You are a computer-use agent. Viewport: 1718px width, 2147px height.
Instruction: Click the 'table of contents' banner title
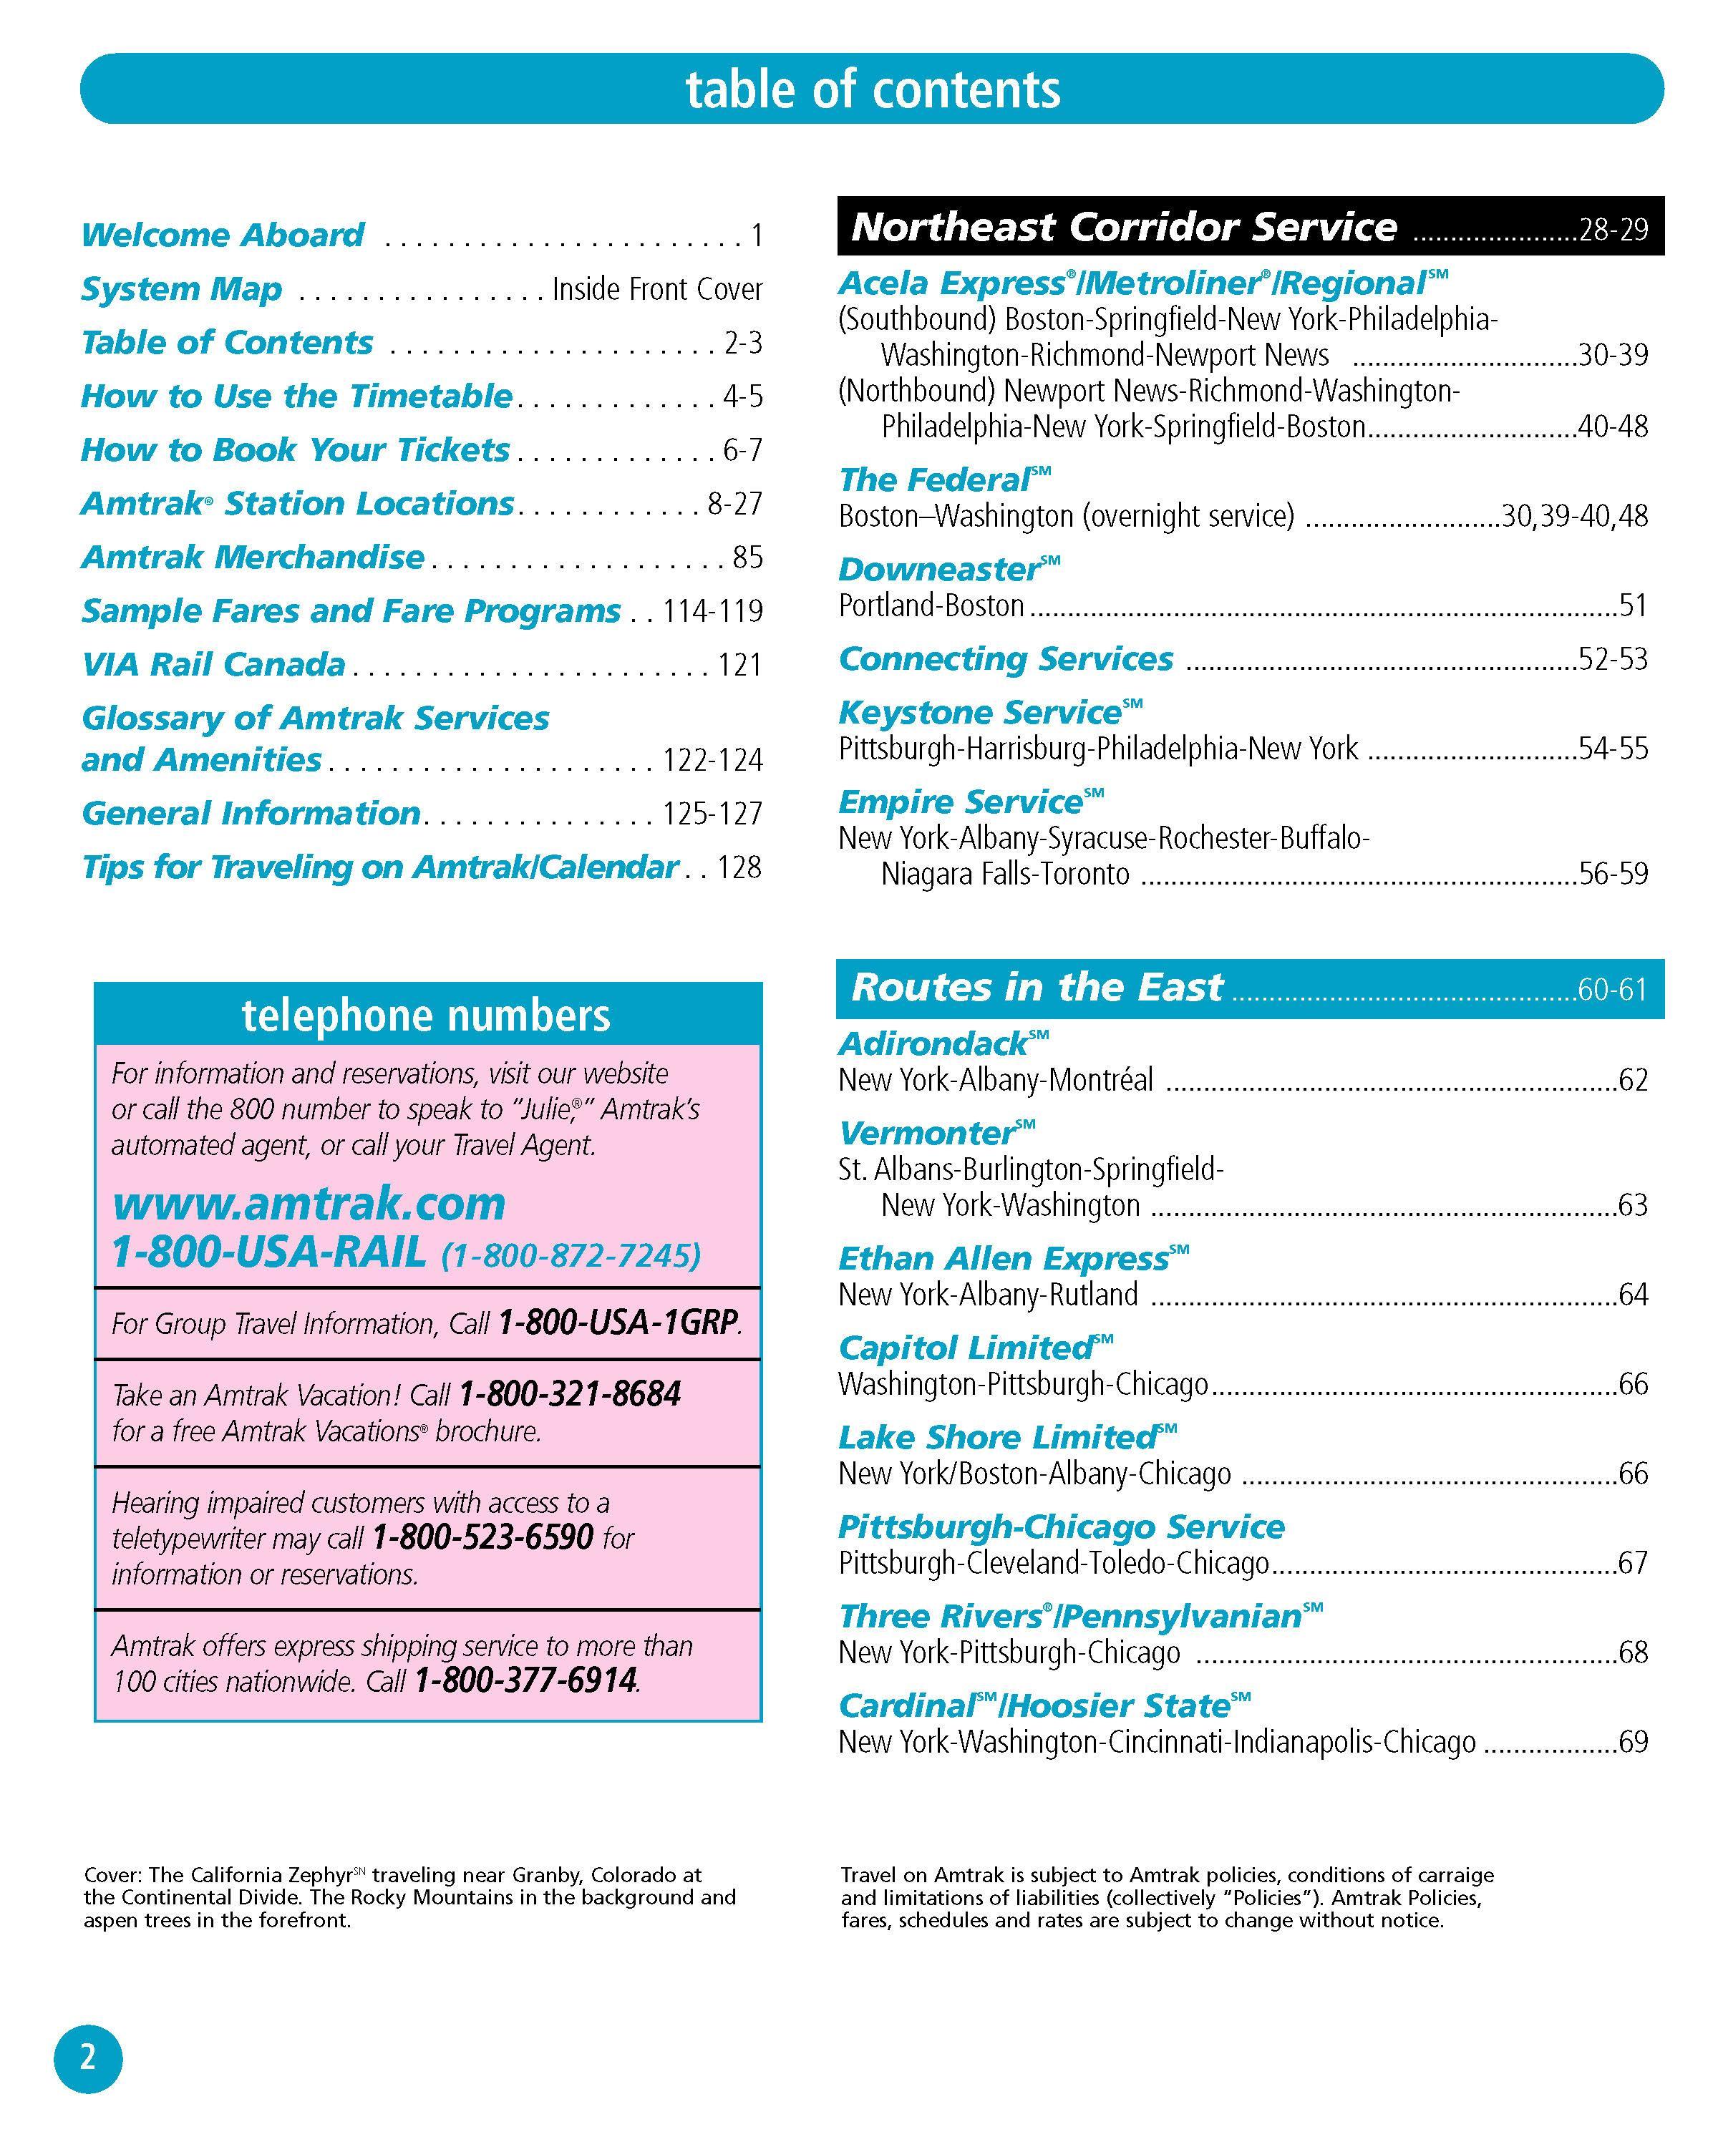(873, 89)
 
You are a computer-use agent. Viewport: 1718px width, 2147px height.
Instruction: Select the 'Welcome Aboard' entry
(222, 235)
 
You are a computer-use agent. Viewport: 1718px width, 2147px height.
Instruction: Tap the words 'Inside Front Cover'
(657, 289)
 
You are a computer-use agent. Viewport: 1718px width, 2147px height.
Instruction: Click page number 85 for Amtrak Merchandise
(747, 557)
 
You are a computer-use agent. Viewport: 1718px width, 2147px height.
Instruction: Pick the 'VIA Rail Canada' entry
(213, 664)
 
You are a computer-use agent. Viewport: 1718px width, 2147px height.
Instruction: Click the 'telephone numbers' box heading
(426, 1015)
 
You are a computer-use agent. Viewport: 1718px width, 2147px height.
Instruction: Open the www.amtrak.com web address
(309, 1203)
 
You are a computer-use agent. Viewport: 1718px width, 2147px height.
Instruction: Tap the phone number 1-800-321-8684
(570, 1393)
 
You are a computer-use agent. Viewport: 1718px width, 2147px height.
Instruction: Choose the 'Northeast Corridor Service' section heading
(1123, 227)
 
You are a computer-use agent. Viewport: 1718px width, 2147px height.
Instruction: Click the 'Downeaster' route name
(938, 570)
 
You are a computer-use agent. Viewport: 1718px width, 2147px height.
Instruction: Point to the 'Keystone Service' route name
(980, 713)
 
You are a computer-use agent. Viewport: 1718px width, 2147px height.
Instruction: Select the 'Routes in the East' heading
(1036, 987)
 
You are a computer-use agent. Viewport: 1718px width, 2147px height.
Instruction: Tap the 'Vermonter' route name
(926, 1133)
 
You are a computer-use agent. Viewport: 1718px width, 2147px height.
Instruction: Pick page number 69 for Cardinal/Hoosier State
(1632, 1742)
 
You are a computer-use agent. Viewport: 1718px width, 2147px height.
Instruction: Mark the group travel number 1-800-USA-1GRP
(618, 1323)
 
